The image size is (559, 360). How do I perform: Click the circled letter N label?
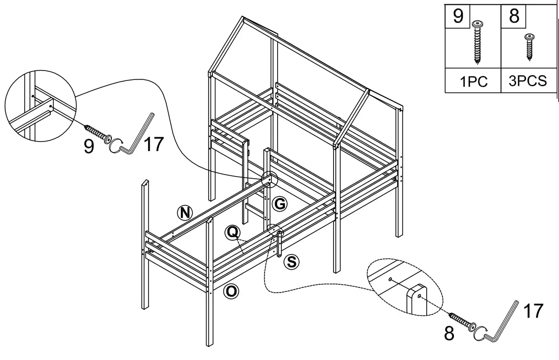pos(184,212)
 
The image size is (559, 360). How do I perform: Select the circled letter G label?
pos(280,204)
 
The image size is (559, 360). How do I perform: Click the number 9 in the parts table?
pos(458,16)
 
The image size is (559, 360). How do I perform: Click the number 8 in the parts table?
pos(514,16)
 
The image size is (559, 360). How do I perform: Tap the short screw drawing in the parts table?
pos(530,44)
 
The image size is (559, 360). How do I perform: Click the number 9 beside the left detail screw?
pos(89,146)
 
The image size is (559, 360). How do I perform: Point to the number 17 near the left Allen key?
pos(153,145)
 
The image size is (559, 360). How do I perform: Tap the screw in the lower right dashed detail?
pos(460,321)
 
